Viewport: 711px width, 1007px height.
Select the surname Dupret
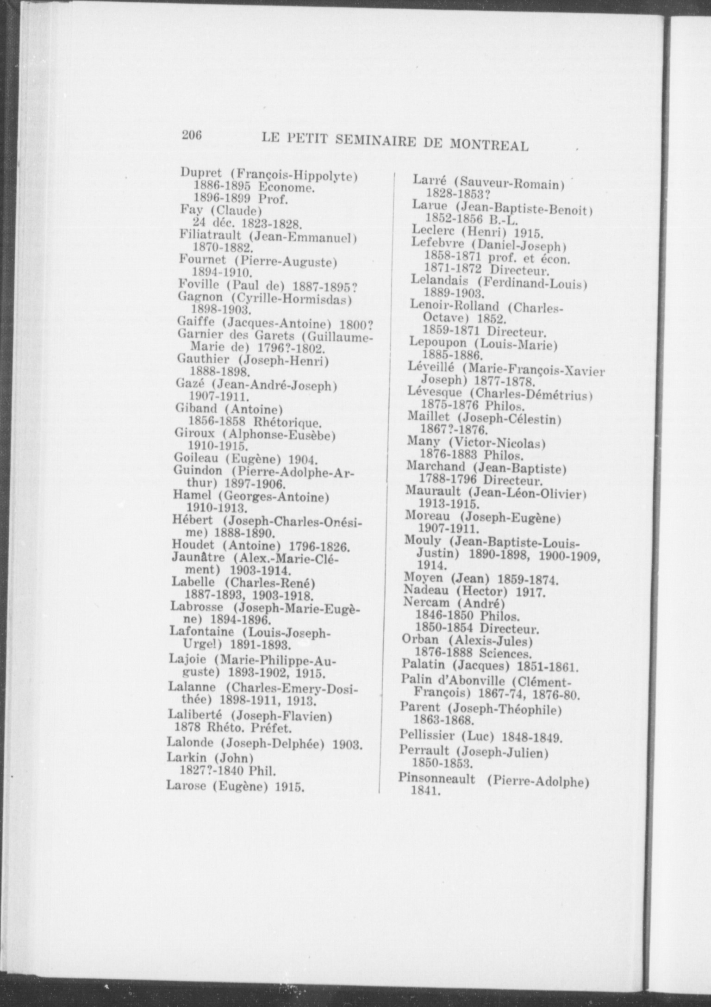pyautogui.click(x=201, y=173)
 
